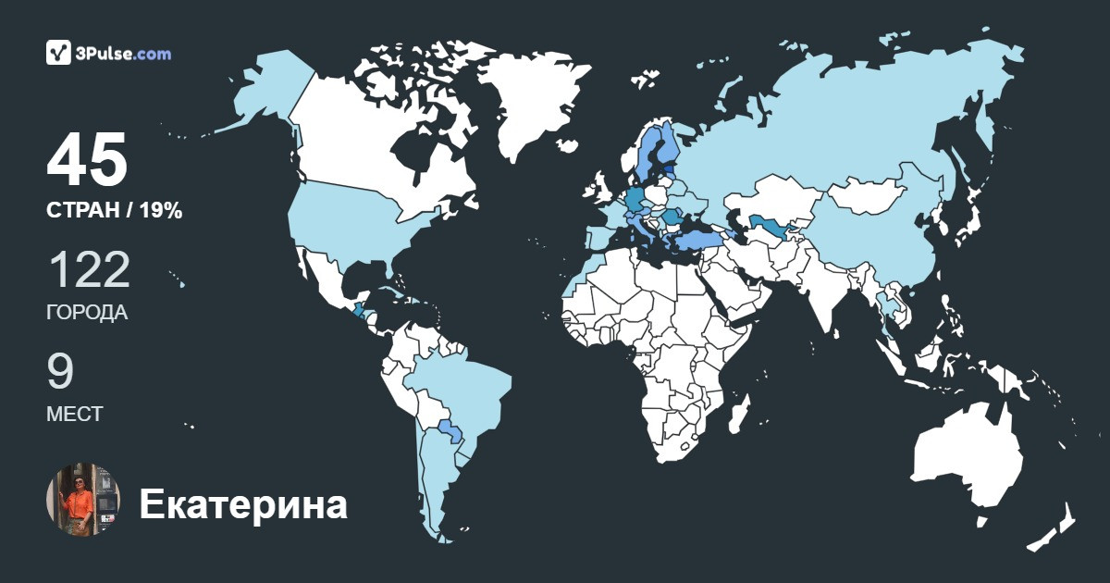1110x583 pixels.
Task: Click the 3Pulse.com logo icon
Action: tap(59, 53)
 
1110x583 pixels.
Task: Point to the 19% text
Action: tap(161, 211)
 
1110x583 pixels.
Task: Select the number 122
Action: tap(89, 270)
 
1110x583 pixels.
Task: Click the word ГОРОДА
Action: tap(87, 313)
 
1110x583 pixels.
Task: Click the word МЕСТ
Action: tap(75, 415)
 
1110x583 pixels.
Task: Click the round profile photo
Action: tap(83, 500)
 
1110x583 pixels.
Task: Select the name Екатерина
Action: tap(243, 505)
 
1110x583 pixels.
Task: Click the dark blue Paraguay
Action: tap(450, 430)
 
